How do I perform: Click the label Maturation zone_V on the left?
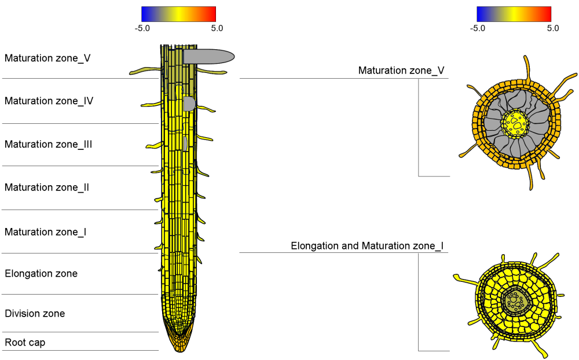click(x=47, y=58)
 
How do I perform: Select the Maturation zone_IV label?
click(x=49, y=101)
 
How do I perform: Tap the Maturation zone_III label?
click(x=48, y=144)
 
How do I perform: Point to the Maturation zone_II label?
click(x=46, y=188)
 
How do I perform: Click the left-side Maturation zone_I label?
click(x=45, y=232)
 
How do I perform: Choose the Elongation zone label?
click(x=41, y=274)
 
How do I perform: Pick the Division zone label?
click(x=35, y=314)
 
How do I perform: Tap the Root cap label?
click(x=25, y=343)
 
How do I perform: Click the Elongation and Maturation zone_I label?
click(x=367, y=246)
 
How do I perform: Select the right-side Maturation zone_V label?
click(x=401, y=71)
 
